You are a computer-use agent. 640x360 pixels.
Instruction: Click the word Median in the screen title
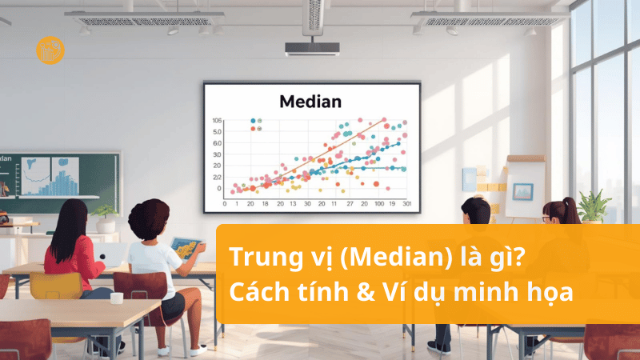click(x=310, y=102)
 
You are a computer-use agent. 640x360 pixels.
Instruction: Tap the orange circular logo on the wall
click(x=50, y=50)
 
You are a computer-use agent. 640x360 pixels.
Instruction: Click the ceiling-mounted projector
click(x=312, y=47)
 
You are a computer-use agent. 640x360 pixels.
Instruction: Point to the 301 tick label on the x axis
click(x=406, y=204)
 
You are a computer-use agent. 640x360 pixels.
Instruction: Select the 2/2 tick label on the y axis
click(x=217, y=177)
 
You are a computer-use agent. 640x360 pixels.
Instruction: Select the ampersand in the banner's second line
click(x=352, y=293)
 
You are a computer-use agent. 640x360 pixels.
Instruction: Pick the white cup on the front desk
click(x=116, y=298)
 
